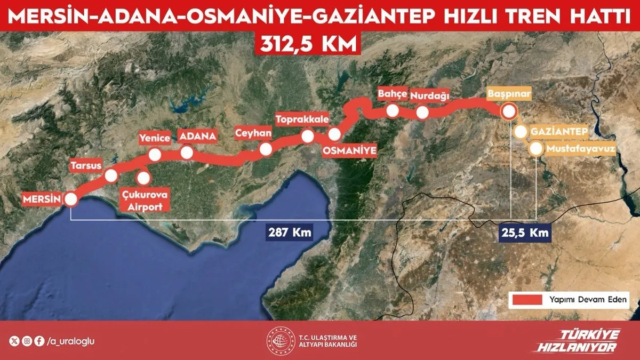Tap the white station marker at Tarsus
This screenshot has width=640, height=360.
(111, 175)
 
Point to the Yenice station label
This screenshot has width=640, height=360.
(155, 139)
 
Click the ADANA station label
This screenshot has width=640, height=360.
(198, 137)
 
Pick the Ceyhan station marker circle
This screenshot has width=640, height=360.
(265, 150)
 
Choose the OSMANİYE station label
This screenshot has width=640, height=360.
(350, 151)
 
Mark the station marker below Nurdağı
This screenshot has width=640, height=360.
(422, 113)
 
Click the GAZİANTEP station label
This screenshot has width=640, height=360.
(559, 132)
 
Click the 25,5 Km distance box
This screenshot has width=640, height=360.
(524, 233)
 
